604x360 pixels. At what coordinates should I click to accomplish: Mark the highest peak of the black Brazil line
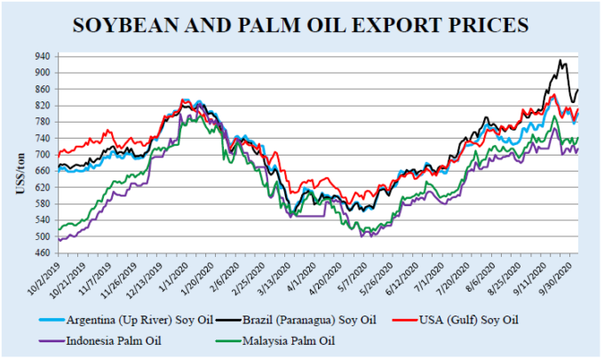(x=560, y=60)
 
